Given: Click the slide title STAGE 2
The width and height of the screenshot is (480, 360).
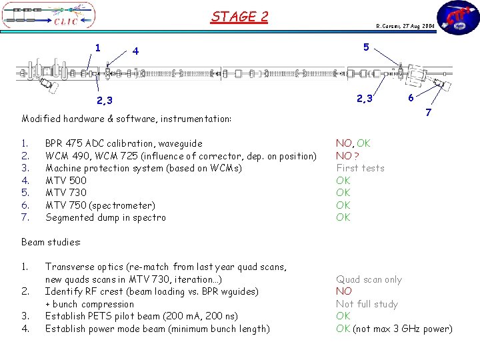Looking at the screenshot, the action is point(239,16).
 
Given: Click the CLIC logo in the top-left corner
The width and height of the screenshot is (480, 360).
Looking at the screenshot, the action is point(49,17).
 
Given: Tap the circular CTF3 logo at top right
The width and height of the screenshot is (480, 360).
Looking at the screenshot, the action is point(457,18).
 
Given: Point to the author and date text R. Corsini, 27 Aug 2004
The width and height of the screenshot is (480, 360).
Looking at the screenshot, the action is point(405,26).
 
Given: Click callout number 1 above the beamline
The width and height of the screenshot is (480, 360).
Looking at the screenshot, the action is point(98,47).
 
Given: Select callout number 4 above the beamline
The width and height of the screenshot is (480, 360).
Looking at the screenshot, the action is point(135,51).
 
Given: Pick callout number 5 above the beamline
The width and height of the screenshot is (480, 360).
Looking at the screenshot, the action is point(366,47).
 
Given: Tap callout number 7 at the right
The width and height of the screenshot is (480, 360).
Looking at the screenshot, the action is point(428,113).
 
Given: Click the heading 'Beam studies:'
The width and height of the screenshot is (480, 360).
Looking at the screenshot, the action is point(51,242).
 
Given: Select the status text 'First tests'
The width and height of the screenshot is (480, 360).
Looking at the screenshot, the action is point(360,168).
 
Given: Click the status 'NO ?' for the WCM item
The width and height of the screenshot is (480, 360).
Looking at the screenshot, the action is point(348,155).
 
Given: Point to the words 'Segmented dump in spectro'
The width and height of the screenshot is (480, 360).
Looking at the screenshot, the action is point(105,217).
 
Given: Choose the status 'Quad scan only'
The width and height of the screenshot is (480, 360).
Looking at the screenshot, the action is point(369,279).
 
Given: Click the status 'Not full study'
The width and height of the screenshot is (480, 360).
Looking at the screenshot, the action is point(367,304).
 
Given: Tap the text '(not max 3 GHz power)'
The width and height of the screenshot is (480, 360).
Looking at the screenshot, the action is point(403,329).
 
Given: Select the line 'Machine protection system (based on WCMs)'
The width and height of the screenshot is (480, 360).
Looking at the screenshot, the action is point(143,168).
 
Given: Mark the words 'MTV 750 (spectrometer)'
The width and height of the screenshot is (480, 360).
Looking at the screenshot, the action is point(100,205).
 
